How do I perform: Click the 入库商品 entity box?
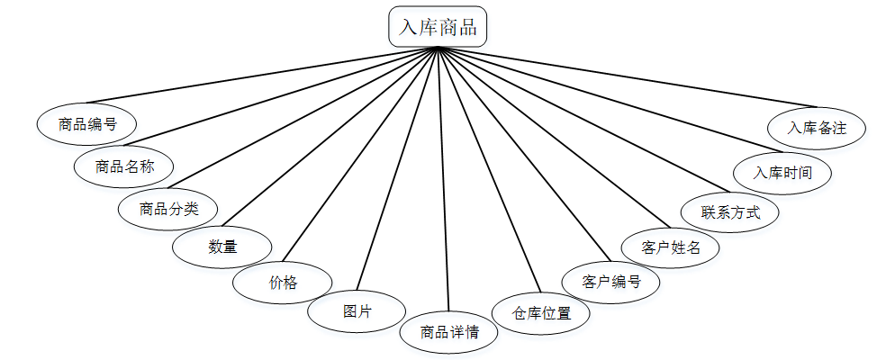(438, 27)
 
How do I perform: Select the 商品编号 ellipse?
(86, 124)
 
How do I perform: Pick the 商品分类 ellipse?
(168, 210)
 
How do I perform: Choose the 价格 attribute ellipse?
(282, 282)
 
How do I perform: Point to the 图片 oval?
(357, 311)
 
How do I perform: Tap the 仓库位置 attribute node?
(541, 313)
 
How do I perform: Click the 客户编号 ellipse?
(610, 282)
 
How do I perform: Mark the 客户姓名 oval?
(671, 247)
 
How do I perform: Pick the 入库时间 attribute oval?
(782, 172)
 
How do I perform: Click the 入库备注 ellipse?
(817, 128)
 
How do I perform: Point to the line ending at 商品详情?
(444, 180)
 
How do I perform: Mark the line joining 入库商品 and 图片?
(399, 167)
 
